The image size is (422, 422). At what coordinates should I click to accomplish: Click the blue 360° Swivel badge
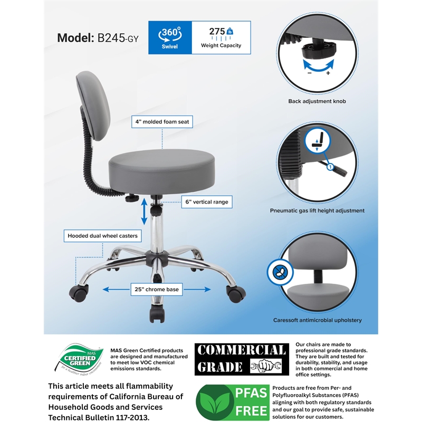(170, 37)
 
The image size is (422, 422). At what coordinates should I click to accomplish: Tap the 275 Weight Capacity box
(220, 37)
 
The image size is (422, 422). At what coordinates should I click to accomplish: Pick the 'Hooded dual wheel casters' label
(102, 236)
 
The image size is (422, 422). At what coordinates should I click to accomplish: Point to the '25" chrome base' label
(157, 290)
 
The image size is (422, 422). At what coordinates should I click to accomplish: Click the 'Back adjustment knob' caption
(317, 101)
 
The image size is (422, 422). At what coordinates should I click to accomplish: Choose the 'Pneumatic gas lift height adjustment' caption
(318, 210)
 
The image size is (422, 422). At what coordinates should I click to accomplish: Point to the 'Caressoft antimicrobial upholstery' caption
(317, 320)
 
